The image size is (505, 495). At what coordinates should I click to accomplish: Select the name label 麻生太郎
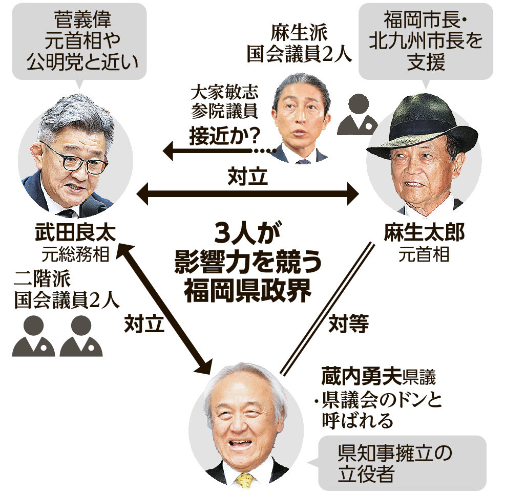click(x=425, y=233)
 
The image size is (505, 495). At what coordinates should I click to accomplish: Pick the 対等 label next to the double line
click(x=348, y=324)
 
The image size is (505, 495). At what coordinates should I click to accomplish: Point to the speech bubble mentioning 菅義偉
click(x=79, y=41)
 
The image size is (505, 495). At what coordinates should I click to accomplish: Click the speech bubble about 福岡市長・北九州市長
click(x=425, y=41)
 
